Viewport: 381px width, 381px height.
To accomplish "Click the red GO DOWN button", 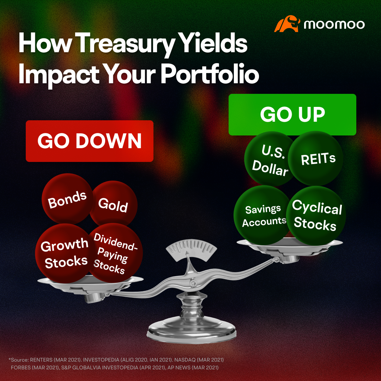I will coord(90,141).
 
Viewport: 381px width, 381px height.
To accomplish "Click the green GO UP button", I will coord(292,114).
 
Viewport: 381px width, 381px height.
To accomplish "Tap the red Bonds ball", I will coord(67,200).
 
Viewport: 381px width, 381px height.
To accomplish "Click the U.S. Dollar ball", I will coord(270,161).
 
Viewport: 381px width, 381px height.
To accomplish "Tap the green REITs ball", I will coord(316,158).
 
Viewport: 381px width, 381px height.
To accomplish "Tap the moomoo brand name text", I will coord(334,24).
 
